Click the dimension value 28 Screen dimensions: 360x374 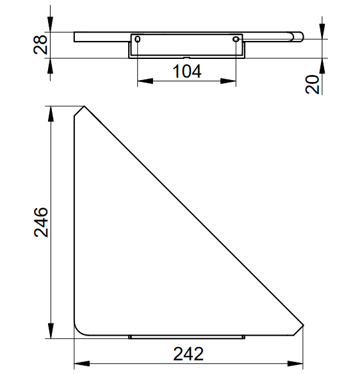pyautogui.click(x=40, y=45)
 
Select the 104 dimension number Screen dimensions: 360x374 pyautogui.click(x=187, y=71)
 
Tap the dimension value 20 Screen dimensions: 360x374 pyautogui.click(x=313, y=85)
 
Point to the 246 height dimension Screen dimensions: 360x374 pyautogui.click(x=41, y=222)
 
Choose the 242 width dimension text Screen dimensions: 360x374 pyautogui.click(x=188, y=354)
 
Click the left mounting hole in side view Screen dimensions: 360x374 pyautogui.click(x=138, y=39)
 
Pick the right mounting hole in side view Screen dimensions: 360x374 pyautogui.click(x=236, y=39)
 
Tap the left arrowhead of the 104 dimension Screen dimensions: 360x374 pyautogui.click(x=145, y=81)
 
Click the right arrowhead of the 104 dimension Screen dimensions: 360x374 pyautogui.click(x=228, y=81)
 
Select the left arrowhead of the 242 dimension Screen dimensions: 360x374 pyautogui.click(x=82, y=364)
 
